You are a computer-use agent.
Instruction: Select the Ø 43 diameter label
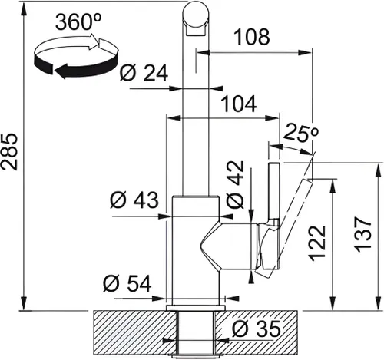click(134, 202)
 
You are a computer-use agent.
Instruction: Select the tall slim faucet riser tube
click(194, 115)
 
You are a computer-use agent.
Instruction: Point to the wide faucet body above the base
click(196, 246)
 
